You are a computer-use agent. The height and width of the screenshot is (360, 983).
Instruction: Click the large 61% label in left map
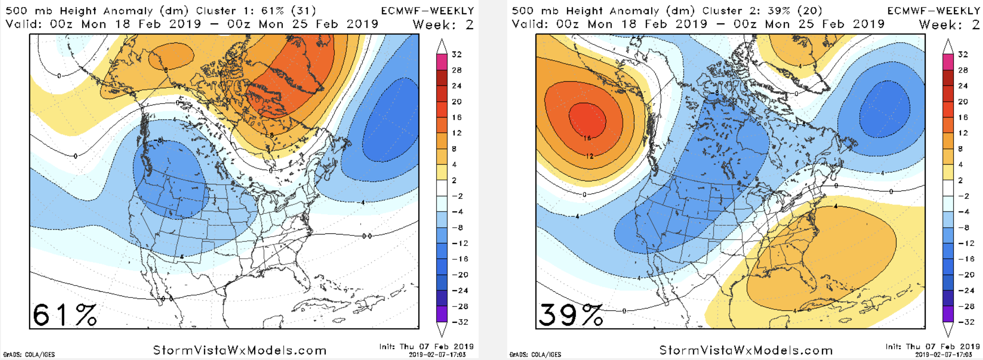pos(65,315)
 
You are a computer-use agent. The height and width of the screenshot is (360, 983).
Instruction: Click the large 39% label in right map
pos(571,315)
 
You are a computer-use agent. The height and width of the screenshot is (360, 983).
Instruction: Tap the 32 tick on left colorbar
pos(457,54)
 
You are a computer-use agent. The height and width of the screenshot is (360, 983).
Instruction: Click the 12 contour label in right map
pos(589,156)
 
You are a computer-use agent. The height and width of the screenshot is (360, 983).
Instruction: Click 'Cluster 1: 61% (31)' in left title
pos(256,11)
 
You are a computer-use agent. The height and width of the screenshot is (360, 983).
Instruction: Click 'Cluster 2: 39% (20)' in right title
pos(762,11)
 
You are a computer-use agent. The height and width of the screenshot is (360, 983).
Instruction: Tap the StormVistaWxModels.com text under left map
pos(240,350)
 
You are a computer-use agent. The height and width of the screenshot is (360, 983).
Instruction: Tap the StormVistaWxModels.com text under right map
pos(746,350)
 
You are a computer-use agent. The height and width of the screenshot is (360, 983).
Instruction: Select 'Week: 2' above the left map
pos(443,24)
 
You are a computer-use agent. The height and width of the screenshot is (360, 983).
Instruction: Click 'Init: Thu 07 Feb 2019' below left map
pos(426,347)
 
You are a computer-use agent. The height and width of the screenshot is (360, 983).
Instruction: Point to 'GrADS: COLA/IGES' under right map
pos(535,355)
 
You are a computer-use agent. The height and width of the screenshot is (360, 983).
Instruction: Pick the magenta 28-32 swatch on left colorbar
pos(442,62)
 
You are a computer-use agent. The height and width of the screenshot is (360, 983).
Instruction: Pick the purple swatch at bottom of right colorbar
pos(948,314)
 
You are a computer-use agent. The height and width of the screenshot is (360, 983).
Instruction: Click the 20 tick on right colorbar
pos(963,102)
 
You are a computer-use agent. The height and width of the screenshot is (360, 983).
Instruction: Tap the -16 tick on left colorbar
pos(459,259)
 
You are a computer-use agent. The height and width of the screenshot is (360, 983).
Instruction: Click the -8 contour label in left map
pos(159,140)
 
